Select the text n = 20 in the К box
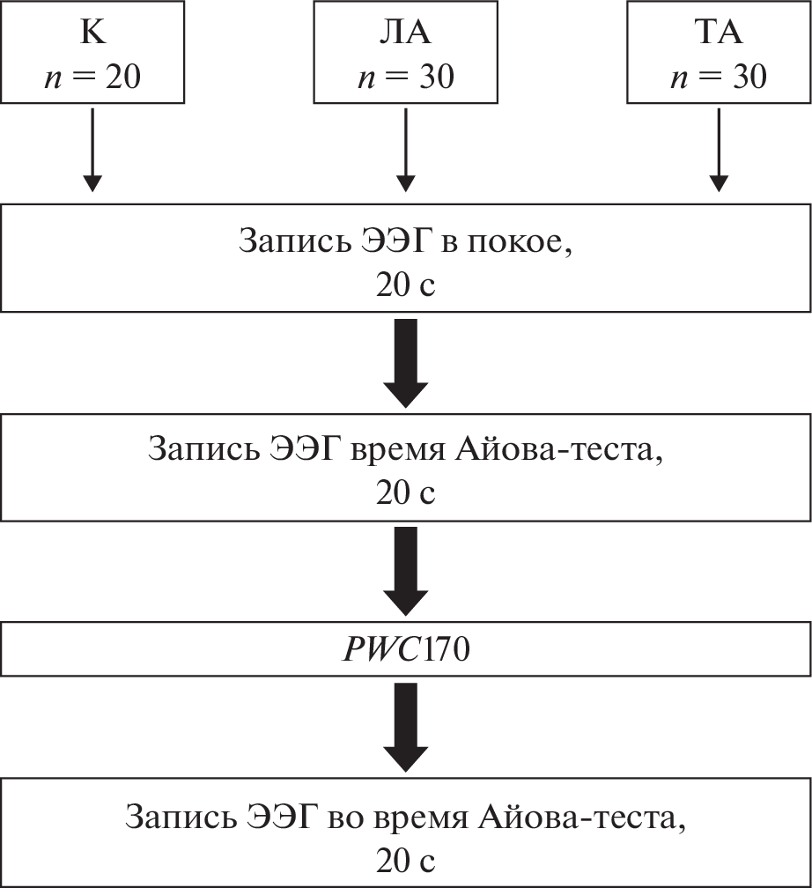point(92,77)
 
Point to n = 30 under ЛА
point(405,77)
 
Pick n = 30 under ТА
point(718,77)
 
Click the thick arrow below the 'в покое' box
point(405,362)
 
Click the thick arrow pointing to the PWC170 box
point(405,571)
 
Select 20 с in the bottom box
point(405,858)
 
